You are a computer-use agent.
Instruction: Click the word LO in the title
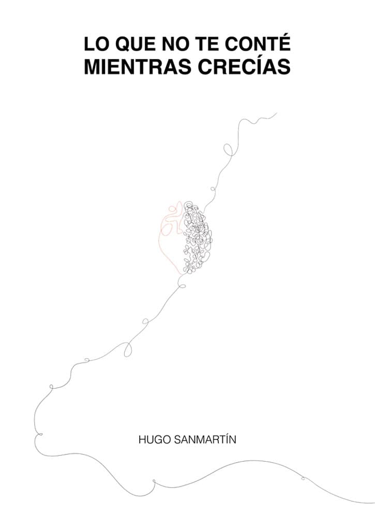[96, 45]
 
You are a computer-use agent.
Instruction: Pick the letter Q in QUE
[122, 45]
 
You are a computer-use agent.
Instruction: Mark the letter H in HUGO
[142, 440]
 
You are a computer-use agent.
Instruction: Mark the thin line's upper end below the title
[277, 112]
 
